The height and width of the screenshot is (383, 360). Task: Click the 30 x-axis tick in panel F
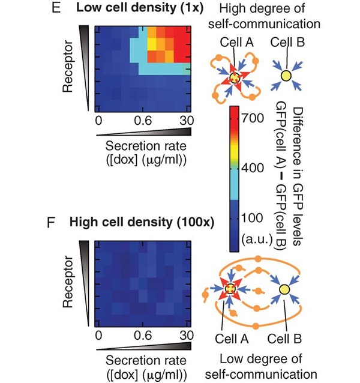click(x=185, y=334)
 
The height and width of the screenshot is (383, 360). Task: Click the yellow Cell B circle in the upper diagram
click(x=286, y=76)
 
